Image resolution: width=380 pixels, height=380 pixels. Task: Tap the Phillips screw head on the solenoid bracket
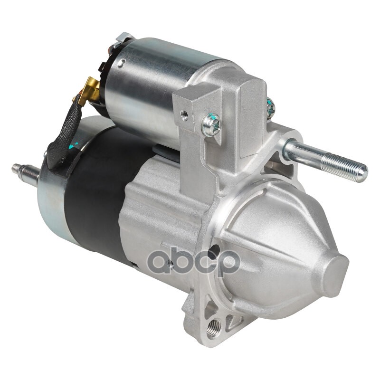[211, 125]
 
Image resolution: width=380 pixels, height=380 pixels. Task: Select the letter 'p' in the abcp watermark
[227, 263]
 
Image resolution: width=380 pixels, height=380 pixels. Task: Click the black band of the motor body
[97, 194]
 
